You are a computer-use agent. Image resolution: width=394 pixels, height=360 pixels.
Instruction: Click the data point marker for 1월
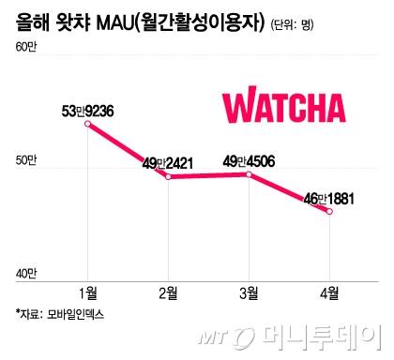point(87,125)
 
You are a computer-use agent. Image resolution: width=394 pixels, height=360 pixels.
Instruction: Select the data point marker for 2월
point(168,176)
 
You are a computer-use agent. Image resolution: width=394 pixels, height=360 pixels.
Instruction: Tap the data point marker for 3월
point(249,174)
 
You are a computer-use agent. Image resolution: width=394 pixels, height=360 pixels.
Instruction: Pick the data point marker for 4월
point(329,211)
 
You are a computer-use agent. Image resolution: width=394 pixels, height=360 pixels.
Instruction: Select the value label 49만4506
point(250,160)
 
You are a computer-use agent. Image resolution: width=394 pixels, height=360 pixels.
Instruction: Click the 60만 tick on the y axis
point(27,61)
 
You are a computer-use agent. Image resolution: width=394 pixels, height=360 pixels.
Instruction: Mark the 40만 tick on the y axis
point(27,275)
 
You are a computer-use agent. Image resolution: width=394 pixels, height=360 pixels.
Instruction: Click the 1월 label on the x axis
point(88,293)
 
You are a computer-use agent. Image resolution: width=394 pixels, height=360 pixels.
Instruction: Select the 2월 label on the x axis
point(169,293)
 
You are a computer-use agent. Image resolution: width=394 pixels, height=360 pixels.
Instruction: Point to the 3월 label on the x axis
point(250,293)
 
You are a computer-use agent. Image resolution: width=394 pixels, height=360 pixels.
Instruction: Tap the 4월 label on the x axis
point(329,293)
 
